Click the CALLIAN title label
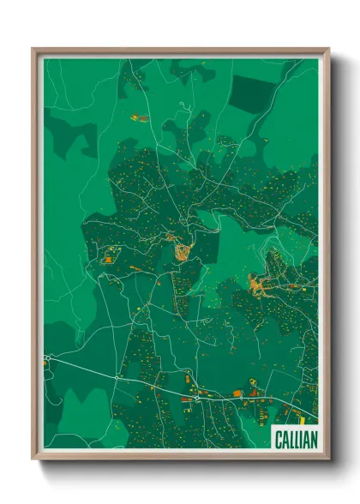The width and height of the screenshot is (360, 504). click(x=294, y=438)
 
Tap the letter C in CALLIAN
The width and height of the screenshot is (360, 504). click(x=278, y=438)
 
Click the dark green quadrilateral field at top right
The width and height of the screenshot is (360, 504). click(x=253, y=93)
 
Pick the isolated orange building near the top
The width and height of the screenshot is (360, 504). click(x=140, y=118)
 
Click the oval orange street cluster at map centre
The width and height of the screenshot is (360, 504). click(x=182, y=250)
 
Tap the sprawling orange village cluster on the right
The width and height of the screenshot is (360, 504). click(x=261, y=284)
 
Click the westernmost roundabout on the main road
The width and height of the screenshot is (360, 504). click(x=47, y=357)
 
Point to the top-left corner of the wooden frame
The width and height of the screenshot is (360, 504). click(x=33, y=49)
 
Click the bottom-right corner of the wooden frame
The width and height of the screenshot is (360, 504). click(x=328, y=459)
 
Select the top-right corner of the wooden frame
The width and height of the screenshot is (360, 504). click(x=328, y=49)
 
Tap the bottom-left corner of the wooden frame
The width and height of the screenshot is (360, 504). click(x=33, y=459)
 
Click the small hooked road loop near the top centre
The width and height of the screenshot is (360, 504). click(x=183, y=109)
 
